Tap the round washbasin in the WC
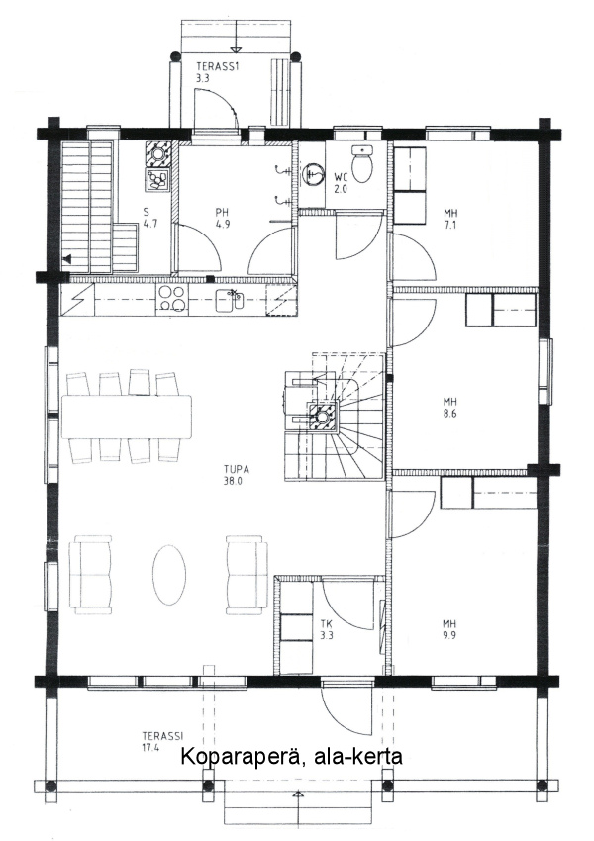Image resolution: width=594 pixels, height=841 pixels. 313,174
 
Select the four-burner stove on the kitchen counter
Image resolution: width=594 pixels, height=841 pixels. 172,298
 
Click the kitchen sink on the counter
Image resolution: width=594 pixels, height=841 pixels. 229,299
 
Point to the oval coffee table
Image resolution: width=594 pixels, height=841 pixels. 169,575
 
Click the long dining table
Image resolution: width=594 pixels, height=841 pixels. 127,417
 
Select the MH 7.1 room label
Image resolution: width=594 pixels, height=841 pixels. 450,219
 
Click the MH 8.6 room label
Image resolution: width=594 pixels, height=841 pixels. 450,407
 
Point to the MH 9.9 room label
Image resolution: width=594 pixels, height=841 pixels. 449,629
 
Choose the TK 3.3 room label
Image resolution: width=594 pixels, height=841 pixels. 327,629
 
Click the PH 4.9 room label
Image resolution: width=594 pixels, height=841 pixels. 223,219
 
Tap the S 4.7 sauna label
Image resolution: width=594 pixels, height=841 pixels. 150,219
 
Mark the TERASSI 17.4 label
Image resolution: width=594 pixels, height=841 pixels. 162,742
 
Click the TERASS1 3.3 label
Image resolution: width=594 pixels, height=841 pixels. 215,72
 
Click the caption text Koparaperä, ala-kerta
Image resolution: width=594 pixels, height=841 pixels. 291,757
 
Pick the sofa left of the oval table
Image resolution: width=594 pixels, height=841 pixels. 91,575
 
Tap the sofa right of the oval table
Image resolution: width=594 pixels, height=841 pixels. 247,575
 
